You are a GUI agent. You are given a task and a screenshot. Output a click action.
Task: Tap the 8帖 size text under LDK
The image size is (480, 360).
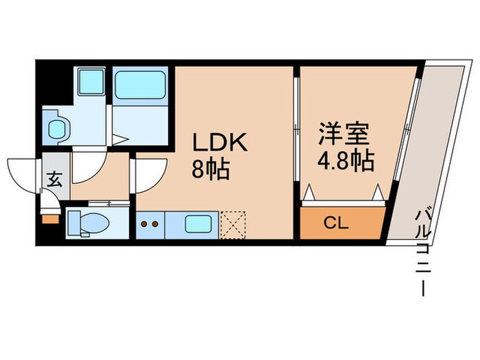click(x=211, y=169)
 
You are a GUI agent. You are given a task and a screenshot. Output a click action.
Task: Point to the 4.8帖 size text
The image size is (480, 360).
click(x=346, y=161)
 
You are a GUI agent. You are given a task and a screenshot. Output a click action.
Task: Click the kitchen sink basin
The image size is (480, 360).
click(x=199, y=224)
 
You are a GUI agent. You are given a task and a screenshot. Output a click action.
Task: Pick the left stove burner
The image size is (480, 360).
click(x=145, y=223)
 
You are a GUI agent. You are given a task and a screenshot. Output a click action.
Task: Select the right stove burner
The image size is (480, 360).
click(x=156, y=223)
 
